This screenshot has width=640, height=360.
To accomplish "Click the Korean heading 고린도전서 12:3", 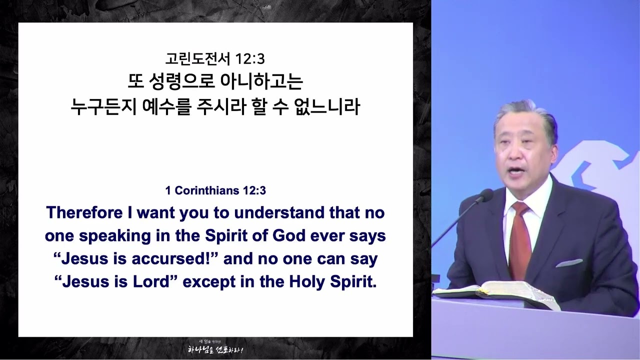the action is click(x=215, y=59).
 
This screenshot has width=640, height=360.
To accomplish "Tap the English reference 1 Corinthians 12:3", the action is click(x=215, y=190).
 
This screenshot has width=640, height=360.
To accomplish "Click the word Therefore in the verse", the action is click(x=84, y=213).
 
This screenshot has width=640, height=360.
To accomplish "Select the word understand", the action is click(x=279, y=213).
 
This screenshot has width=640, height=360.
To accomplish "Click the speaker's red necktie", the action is click(x=520, y=240).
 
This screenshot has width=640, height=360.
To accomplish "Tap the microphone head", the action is click(x=485, y=195).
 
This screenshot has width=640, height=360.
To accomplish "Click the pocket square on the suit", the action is click(x=569, y=263).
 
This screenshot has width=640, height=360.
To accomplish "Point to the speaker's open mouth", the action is click(x=517, y=171).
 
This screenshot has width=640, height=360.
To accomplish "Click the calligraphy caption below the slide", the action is click(x=215, y=348).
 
